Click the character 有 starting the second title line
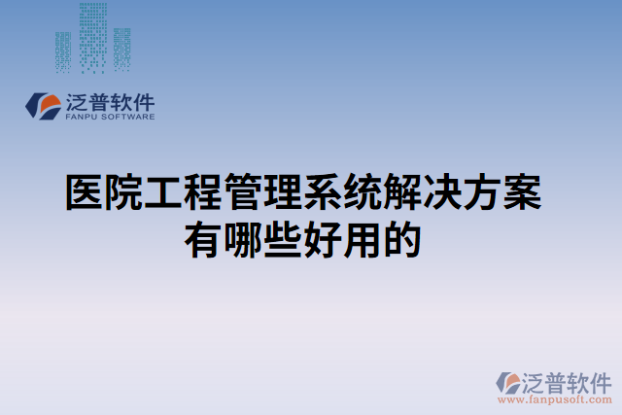[204, 238]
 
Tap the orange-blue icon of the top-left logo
[45, 106]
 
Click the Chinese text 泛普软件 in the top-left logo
[109, 101]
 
